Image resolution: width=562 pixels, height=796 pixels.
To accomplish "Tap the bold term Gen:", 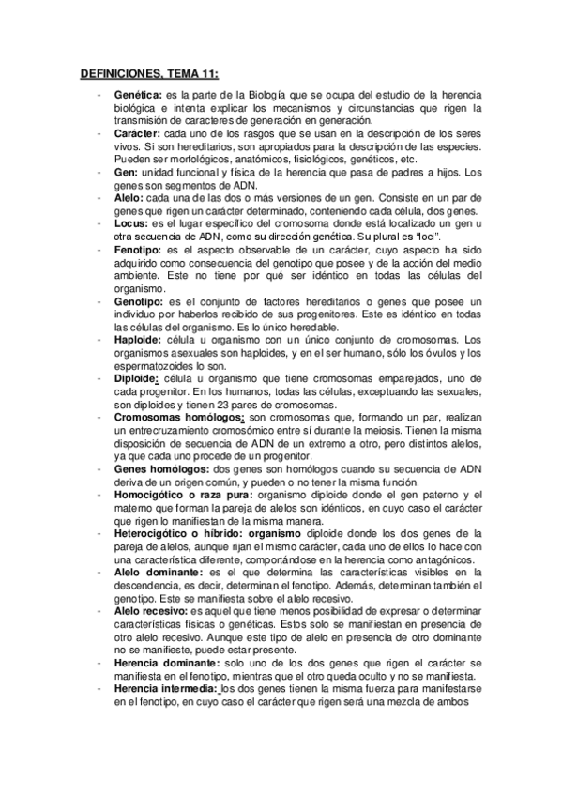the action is click(x=126, y=173).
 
